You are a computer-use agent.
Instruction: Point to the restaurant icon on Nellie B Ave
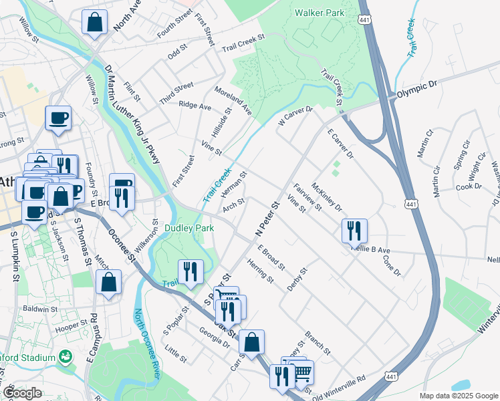tap(354, 231)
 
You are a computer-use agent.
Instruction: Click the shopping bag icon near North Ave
tap(95, 21)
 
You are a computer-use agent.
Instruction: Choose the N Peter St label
tap(266, 218)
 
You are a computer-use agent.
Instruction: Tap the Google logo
tap(22, 393)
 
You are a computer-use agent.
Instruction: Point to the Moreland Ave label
tap(233, 100)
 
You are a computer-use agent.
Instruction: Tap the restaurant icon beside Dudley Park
tap(191, 271)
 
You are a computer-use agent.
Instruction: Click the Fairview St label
tap(307, 194)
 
